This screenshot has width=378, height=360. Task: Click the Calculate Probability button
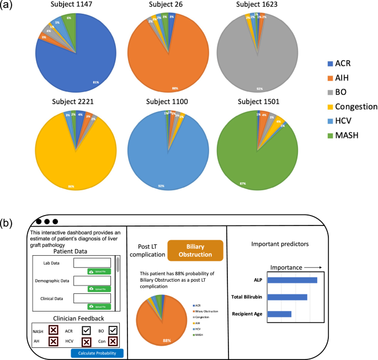(97, 353)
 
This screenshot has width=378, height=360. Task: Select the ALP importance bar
(292, 280)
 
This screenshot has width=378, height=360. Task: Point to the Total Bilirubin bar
(288, 297)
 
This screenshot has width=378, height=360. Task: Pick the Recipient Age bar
(280, 314)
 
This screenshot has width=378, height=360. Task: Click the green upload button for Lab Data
(99, 272)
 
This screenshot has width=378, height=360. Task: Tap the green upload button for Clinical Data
(99, 307)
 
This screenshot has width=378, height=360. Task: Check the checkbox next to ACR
(87, 330)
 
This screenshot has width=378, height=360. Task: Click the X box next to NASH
(53, 330)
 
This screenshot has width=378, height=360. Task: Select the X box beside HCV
(87, 342)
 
